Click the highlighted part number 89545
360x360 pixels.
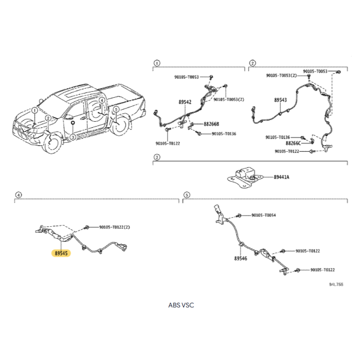point(61,253)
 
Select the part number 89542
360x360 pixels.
point(185,102)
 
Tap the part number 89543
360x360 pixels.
point(280,100)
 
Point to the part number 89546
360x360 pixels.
point(241,259)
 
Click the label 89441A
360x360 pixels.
point(281,177)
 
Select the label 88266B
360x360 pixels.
point(211,124)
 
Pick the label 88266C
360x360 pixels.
point(293,143)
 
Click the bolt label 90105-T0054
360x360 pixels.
point(263,215)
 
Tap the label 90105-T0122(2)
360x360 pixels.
point(115,227)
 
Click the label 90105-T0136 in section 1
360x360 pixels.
point(224,134)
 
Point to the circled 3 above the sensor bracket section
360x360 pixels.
point(157,157)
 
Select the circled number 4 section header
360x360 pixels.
point(19,195)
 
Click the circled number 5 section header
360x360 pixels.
point(187,195)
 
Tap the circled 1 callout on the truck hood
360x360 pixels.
point(35,110)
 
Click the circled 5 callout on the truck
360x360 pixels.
point(116,109)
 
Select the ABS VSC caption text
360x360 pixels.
point(181,305)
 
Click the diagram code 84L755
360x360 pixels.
point(336,284)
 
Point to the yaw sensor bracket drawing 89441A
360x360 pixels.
point(245,177)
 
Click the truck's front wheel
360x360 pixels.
point(52,143)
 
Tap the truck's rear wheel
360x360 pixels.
point(119,126)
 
